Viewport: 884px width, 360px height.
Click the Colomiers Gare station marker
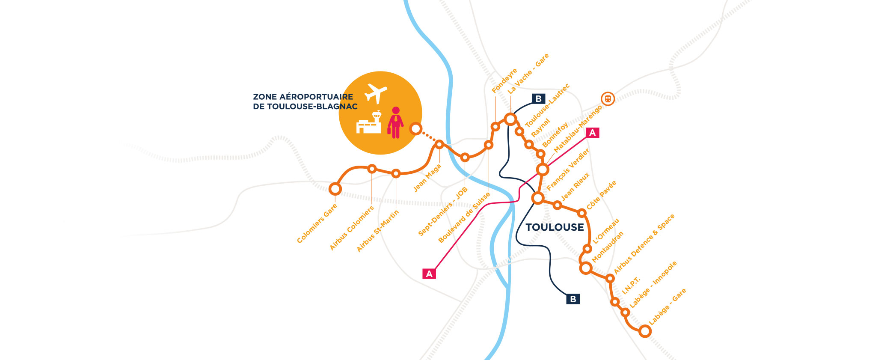point(335,189)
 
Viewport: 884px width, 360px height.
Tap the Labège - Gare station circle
point(645,331)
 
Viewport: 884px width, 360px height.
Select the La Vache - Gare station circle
point(510,119)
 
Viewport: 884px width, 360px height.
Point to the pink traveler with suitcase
point(395,123)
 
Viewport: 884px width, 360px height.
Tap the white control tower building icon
point(369,123)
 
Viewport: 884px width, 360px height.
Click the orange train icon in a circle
point(608,99)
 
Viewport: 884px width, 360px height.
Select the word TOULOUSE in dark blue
point(555,227)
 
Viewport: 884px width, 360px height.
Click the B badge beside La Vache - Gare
point(538,99)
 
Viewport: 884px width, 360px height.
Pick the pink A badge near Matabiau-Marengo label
point(593,133)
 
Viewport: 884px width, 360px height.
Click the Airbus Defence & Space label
point(644,244)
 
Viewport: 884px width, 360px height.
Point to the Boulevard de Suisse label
point(464,218)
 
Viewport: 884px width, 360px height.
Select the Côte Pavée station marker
point(581,213)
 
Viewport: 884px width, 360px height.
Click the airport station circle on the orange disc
point(415,128)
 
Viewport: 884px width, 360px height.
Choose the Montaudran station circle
point(585,268)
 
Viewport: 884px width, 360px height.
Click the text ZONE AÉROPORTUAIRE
point(303,97)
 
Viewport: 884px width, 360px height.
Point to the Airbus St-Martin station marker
point(396,173)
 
